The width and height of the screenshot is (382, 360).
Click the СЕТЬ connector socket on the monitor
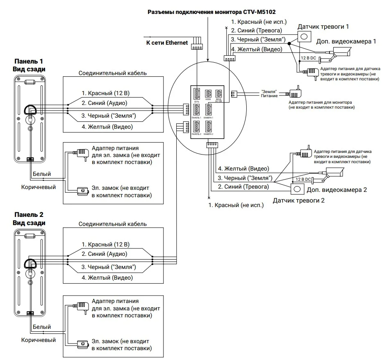pos(196,94)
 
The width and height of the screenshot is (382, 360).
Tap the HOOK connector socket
pos(208,93)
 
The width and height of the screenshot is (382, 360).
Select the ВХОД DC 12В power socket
pos(219,93)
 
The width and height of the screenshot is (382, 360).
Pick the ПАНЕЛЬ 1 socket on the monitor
pos(196,110)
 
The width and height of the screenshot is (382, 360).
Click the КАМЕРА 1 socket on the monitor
pos(208,110)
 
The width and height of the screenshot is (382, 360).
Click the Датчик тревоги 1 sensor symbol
pos(304,36)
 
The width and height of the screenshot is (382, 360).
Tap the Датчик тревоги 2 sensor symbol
pos(298,189)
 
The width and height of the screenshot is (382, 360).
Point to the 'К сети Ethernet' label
pos(167,42)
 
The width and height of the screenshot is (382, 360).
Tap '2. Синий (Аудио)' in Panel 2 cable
pos(104,254)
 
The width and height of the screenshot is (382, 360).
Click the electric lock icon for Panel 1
pos(82,191)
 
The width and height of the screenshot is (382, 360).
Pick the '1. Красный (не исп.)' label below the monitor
pos(236,204)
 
